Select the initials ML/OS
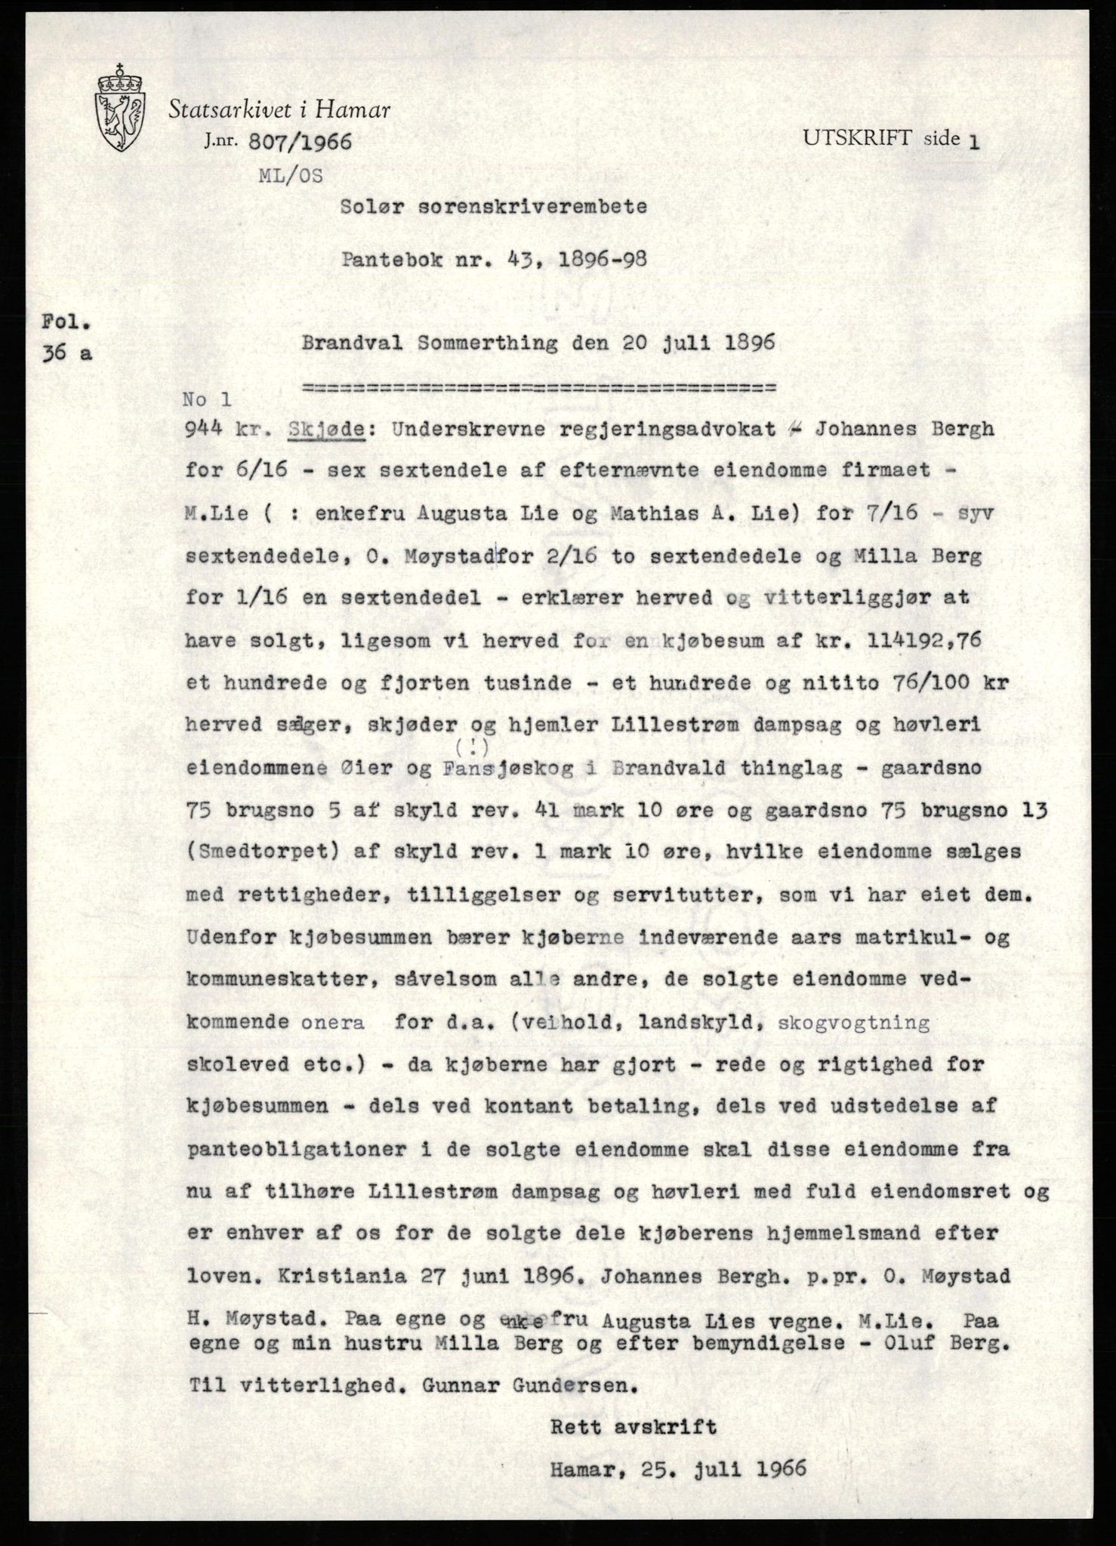[x=291, y=176]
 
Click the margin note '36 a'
[x=67, y=353]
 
